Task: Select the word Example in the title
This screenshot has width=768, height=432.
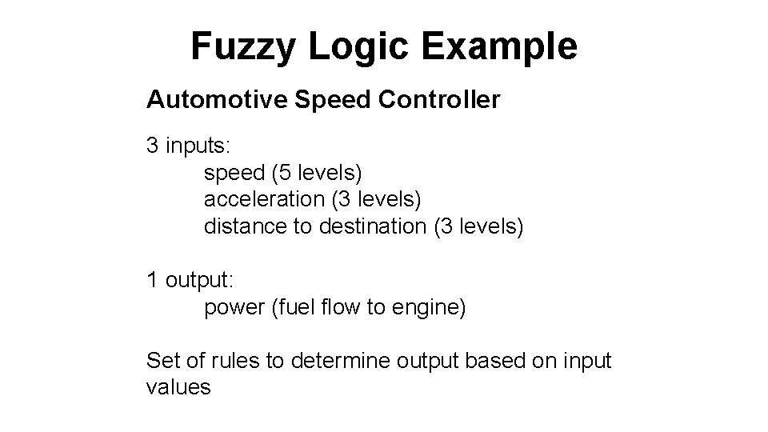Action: (x=498, y=46)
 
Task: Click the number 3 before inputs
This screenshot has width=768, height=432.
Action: (x=152, y=146)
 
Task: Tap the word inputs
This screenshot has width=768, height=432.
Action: (x=198, y=146)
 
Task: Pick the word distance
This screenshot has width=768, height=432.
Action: (x=246, y=226)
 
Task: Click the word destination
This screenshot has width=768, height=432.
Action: (x=372, y=226)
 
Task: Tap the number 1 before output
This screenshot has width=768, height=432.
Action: (x=152, y=280)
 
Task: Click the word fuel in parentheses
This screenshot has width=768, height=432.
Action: (x=297, y=307)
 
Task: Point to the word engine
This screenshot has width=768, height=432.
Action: (x=426, y=307)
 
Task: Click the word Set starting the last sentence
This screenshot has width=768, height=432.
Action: (x=162, y=361)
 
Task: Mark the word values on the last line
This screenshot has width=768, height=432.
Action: (x=178, y=388)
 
